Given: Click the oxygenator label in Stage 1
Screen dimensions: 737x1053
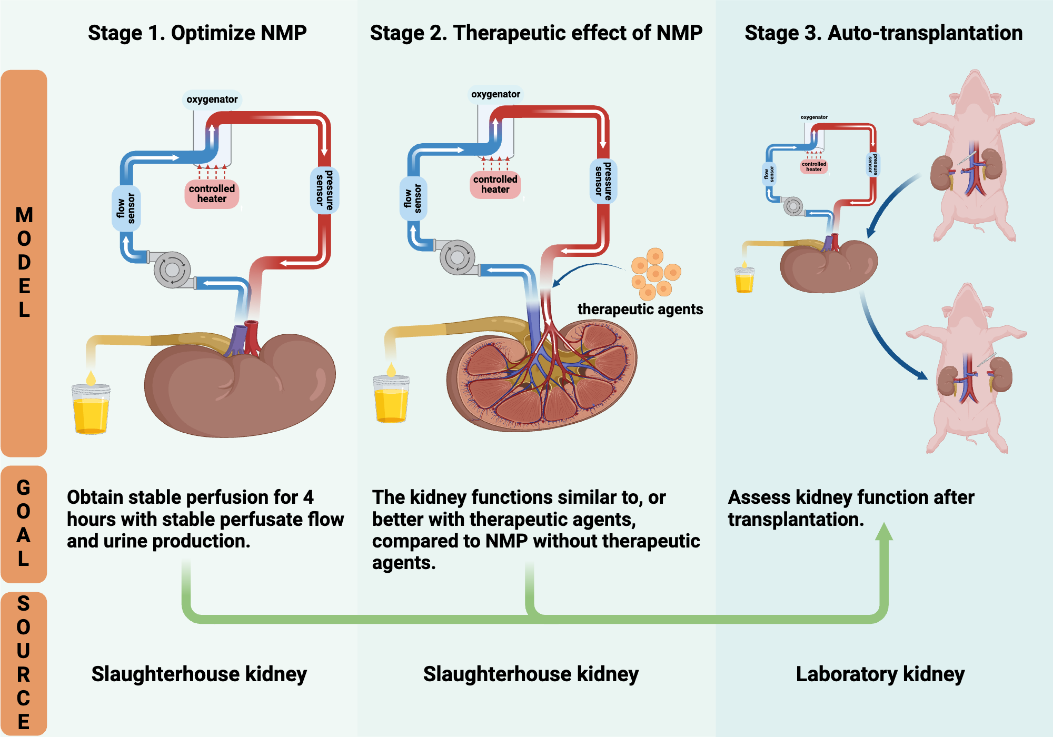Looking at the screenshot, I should pyautogui.click(x=212, y=99).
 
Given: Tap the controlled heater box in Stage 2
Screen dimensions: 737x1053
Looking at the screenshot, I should pyautogui.click(x=495, y=184).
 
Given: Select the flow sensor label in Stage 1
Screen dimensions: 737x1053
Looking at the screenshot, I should pyautogui.click(x=126, y=208).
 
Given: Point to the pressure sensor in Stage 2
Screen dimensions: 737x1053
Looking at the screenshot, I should pyautogui.click(x=603, y=181).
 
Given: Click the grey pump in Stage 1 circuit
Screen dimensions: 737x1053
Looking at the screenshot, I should pyautogui.click(x=172, y=270).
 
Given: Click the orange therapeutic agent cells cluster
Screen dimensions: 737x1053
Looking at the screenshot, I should pyautogui.click(x=654, y=274).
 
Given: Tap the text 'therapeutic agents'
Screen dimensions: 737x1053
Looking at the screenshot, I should pyautogui.click(x=640, y=309).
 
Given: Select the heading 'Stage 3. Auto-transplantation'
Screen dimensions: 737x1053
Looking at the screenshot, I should pyautogui.click(x=883, y=33).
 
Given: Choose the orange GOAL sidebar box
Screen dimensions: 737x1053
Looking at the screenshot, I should pyautogui.click(x=24, y=523).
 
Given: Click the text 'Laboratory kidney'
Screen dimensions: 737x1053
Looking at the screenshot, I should pyautogui.click(x=880, y=674).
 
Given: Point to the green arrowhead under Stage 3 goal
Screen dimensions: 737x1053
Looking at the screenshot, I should pyautogui.click(x=884, y=533).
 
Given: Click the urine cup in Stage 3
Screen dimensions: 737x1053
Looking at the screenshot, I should pyautogui.click(x=744, y=280).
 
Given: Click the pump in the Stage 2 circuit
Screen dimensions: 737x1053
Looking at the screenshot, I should pyautogui.click(x=457, y=257).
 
